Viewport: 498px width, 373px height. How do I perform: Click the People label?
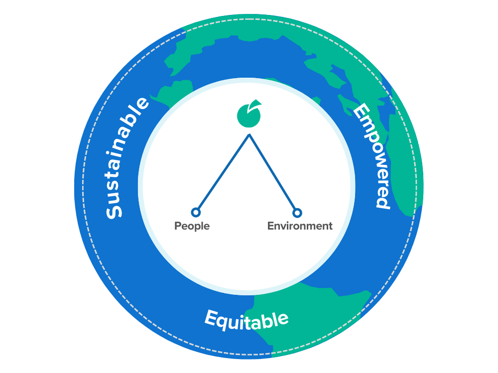pyautogui.click(x=192, y=226)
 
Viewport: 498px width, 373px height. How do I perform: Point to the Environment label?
pyautogui.click(x=300, y=226)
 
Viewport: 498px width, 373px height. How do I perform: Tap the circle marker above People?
pyautogui.click(x=196, y=213)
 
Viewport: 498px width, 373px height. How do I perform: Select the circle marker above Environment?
pyautogui.click(x=297, y=213)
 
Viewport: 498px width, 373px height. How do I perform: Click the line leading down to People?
pyautogui.click(x=222, y=174)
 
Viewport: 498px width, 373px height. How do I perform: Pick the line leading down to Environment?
pyautogui.click(x=273, y=174)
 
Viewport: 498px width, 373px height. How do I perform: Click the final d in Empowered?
pyautogui.click(x=381, y=201)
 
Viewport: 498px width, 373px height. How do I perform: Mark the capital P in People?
pyautogui.click(x=178, y=226)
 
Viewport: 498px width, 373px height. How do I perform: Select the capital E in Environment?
pyautogui.click(x=270, y=226)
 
